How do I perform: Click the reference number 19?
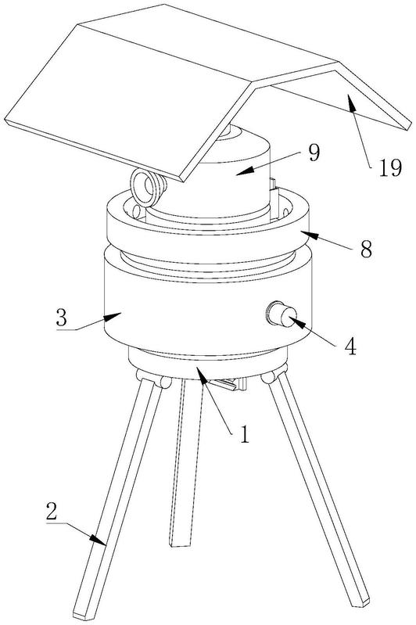click(x=389, y=168)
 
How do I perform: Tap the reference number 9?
click(x=314, y=153)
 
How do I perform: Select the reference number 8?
click(x=366, y=250)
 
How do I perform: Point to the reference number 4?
click(x=350, y=346)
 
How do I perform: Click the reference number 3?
click(x=62, y=318)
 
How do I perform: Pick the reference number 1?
click(x=244, y=434)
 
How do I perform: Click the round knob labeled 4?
click(x=281, y=314)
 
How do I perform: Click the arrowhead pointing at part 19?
click(x=352, y=105)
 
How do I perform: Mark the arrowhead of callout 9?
click(x=244, y=171)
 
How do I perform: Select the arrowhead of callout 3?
click(x=113, y=318)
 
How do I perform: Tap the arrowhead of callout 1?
click(x=202, y=376)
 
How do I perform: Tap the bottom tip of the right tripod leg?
click(x=360, y=603)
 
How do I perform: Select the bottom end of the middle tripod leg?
click(x=180, y=544)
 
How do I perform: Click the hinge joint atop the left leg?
click(x=153, y=379)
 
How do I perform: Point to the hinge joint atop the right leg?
click(x=274, y=375)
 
